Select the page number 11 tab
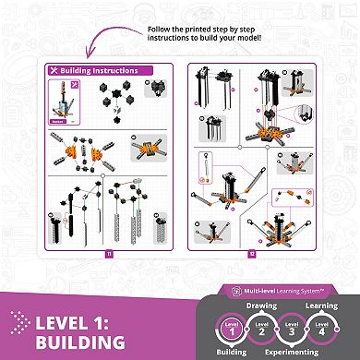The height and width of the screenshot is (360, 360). click(108, 252)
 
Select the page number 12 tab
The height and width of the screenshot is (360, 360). click(252, 252)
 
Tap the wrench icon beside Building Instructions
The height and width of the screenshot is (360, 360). click(54, 70)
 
